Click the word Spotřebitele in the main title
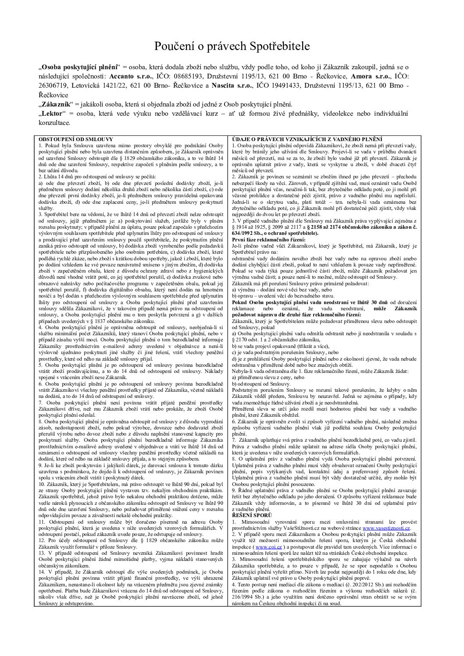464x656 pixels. pyautogui.click(x=279, y=47)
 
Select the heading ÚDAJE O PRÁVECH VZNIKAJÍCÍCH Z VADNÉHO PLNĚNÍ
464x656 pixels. pyautogui.click(x=307, y=139)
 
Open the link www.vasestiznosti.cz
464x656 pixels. pyautogui.click(x=386, y=528)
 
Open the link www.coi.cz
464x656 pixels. pyautogui.click(x=268, y=547)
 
